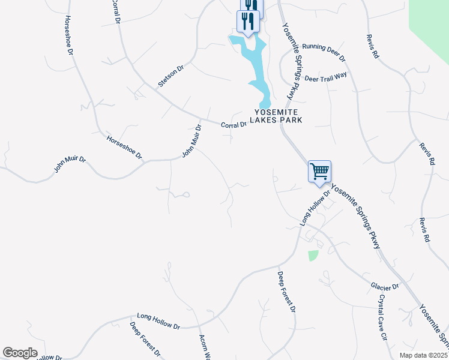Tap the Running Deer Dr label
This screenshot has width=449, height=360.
point(324,53)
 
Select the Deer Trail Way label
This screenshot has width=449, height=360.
point(326,77)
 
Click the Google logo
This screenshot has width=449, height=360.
point(20,353)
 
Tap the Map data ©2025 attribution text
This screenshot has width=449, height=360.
point(423,355)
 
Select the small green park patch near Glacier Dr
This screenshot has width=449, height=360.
point(313,256)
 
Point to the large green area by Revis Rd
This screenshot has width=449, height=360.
point(431,24)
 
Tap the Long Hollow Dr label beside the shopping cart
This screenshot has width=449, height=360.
point(315,208)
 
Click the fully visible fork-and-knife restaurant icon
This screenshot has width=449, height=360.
point(248,22)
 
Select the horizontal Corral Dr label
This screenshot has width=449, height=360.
point(234,125)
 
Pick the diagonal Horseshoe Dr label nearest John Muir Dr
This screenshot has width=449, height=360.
point(124,147)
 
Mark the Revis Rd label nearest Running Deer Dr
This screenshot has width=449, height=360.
point(372,45)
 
